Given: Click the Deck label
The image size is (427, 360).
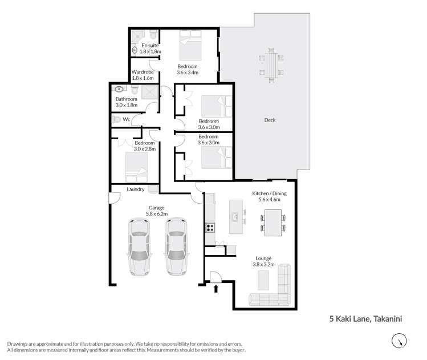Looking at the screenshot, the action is coord(270,120).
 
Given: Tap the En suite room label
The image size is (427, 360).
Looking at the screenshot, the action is coord(150,45).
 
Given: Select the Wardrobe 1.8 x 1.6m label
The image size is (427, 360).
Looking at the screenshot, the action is coord(143,75).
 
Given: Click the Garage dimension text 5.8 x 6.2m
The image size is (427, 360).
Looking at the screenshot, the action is coord(157,213).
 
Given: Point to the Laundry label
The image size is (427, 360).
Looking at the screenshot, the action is coord(135,189).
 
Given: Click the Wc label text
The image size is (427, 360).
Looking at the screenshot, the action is coord(126,119).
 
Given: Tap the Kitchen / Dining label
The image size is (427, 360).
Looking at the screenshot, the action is coord(269,193).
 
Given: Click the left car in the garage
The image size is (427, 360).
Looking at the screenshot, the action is coord(139,246).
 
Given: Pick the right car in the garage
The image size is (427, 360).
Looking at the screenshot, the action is coord(176,246).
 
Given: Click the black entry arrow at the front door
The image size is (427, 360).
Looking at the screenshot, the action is coord(216,288).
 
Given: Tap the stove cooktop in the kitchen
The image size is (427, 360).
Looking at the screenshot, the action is coord(210,228).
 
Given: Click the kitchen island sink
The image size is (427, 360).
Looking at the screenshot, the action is coord(235,217).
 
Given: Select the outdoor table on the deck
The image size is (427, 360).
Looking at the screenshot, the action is coord(271,65).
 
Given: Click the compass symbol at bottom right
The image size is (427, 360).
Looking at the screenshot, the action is coord(399,341).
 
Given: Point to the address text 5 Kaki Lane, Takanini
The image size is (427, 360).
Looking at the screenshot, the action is coord(365,319).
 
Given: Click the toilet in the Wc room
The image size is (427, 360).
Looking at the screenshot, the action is coord(116,119).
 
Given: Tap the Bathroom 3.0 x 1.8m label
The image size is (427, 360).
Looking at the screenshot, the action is coord(127,102).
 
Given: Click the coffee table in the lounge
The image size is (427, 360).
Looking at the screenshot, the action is coord(263,281).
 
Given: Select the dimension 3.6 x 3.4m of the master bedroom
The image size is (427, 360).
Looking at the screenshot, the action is coord(188,72).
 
